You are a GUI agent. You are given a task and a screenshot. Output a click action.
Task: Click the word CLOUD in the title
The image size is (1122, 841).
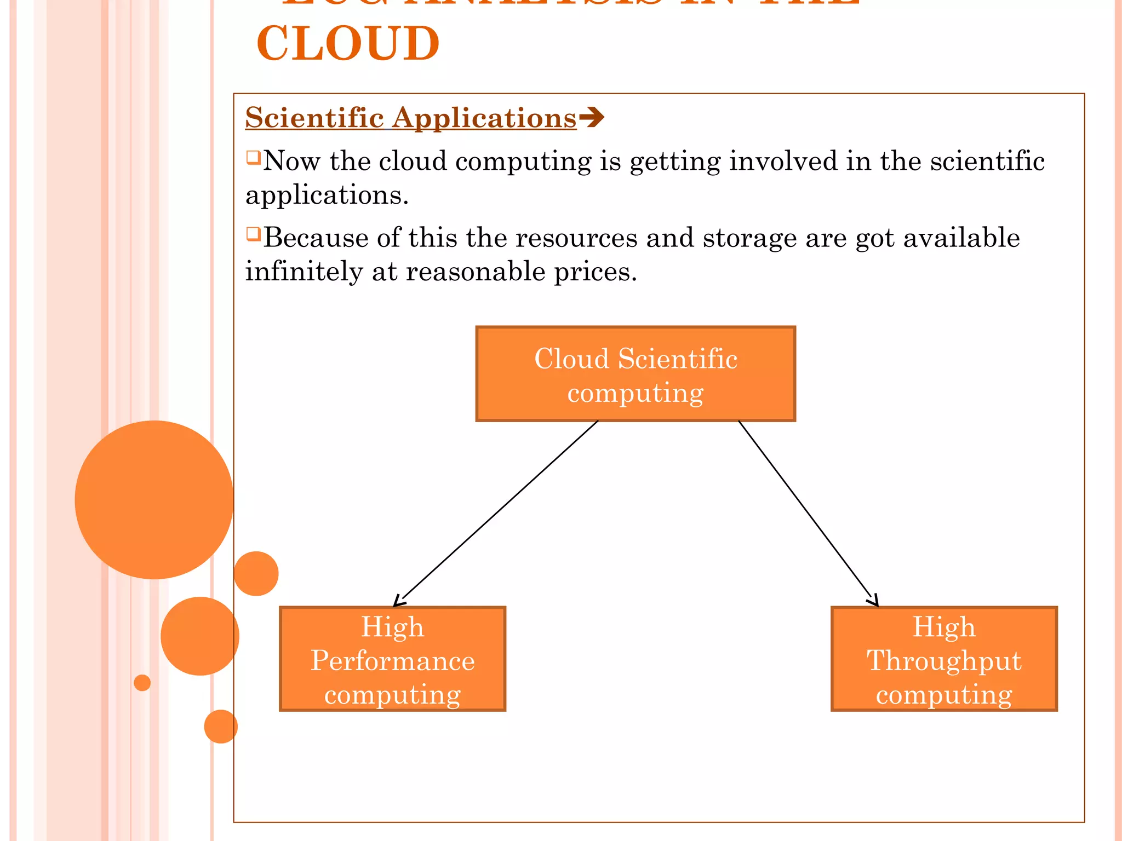[x=348, y=44]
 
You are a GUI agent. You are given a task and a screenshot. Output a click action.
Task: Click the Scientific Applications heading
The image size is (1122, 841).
[x=411, y=118]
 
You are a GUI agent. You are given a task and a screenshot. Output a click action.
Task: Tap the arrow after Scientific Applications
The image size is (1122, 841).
[x=592, y=117]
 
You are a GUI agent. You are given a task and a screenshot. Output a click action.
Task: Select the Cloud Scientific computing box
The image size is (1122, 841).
[x=636, y=374]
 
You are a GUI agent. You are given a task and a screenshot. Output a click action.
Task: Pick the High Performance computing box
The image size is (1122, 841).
[x=392, y=659]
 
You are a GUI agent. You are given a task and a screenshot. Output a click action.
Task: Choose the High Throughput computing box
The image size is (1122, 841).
[x=944, y=659]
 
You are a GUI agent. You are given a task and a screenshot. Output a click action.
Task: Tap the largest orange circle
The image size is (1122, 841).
[x=154, y=499]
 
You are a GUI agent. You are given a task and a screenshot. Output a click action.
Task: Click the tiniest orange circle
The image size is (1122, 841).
[x=142, y=683]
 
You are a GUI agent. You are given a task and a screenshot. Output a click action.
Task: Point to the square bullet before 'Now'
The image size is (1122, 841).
[x=253, y=158]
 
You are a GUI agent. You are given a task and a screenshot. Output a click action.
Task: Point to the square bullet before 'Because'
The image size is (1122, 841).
[x=253, y=234]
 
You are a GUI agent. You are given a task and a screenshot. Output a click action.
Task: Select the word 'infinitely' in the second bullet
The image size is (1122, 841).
[x=304, y=272]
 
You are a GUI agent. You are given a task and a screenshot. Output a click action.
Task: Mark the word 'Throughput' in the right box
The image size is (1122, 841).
[x=944, y=661]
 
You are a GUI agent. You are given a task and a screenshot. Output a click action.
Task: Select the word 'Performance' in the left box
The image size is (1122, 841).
[x=392, y=660]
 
